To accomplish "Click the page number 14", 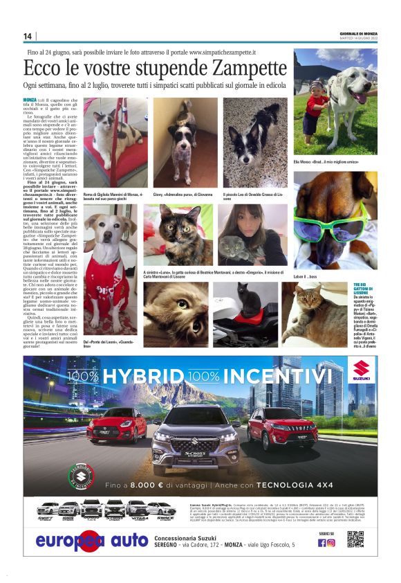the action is tap(28, 36).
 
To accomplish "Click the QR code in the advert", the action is tap(355, 539).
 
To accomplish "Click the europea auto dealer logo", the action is tap(91, 540).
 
